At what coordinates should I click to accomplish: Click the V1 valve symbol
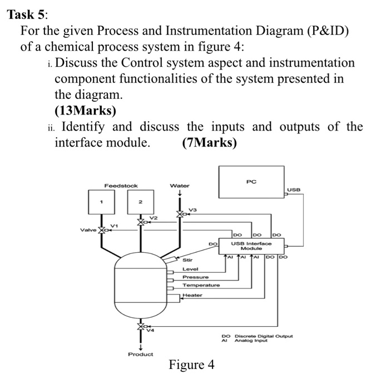click(x=102, y=230)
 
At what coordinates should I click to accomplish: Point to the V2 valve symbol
click(x=141, y=222)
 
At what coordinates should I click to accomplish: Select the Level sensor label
click(x=190, y=268)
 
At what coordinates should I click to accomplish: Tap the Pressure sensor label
click(x=196, y=277)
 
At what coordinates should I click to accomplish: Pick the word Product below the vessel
click(x=140, y=354)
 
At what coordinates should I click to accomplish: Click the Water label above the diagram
click(x=180, y=186)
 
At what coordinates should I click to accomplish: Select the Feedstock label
click(x=121, y=186)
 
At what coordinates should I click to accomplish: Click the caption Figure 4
click(x=191, y=366)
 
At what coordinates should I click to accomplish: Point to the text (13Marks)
click(x=86, y=111)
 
